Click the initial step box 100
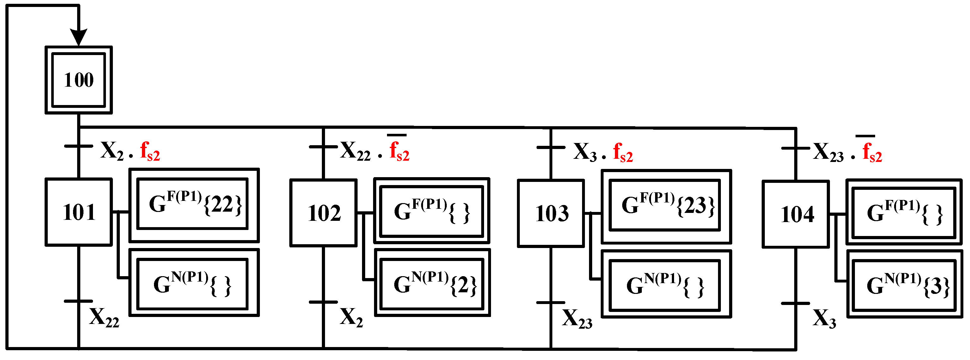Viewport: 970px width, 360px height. (78, 80)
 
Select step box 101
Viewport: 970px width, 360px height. (78, 212)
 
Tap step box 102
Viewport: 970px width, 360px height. (323, 213)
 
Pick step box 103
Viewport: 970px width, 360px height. (551, 214)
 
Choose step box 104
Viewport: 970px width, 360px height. (796, 214)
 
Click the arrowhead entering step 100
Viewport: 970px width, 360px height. (79, 37)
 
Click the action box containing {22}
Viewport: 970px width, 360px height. (194, 205)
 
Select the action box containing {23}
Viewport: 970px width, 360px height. (666, 206)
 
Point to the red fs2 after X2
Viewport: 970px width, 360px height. (150, 152)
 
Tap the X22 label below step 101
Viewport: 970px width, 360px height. (104, 317)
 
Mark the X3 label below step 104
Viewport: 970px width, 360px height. (824, 319)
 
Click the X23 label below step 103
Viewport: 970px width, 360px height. (577, 319)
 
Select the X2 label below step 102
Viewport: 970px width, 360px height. (351, 317)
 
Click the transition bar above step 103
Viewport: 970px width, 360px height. (550, 147)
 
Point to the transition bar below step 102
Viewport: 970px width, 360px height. (323, 302)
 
